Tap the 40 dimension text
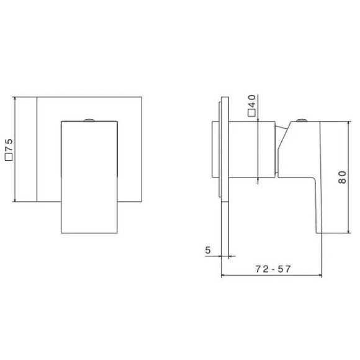click(251, 101)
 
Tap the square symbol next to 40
click(251, 114)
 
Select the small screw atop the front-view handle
click(89, 119)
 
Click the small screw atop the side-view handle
click(302, 119)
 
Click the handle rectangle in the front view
click(89, 177)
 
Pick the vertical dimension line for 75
click(14, 149)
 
